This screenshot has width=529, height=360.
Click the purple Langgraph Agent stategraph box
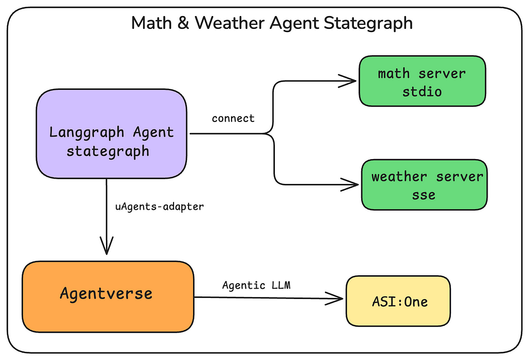(x=112, y=134)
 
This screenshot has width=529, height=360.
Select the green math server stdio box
(x=423, y=81)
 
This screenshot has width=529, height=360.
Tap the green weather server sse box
(x=425, y=185)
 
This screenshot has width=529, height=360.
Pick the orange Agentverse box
(x=108, y=296)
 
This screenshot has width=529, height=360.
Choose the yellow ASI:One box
(x=398, y=301)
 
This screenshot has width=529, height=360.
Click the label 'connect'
(x=233, y=118)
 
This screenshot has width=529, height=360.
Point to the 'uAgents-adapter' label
(x=160, y=206)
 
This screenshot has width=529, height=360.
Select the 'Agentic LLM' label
(x=256, y=286)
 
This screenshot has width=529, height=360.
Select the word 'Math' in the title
(x=151, y=23)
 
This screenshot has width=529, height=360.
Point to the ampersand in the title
(x=183, y=23)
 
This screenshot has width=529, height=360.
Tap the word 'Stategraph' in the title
(x=368, y=24)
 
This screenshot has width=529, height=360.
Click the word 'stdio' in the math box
(x=422, y=91)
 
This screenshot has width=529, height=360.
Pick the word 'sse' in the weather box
(x=424, y=195)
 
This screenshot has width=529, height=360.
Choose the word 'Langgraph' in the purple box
(x=87, y=133)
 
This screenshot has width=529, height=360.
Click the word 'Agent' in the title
(x=294, y=24)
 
